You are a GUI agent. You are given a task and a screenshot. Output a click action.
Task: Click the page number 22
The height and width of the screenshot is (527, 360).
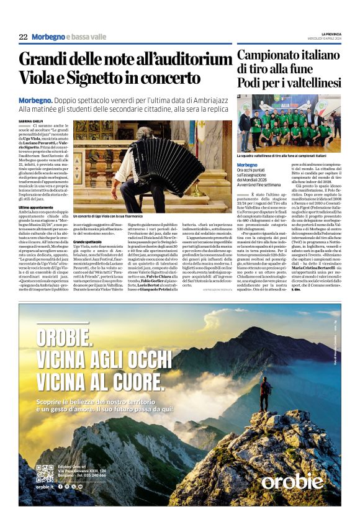tap(23, 37)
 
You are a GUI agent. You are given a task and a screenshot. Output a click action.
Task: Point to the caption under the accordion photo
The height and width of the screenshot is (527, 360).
tap(109, 217)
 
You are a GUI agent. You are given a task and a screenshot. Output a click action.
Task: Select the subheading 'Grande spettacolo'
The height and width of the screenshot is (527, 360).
tap(89, 241)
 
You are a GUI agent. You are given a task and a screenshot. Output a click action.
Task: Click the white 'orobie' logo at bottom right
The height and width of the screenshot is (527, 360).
tap(292, 481)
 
